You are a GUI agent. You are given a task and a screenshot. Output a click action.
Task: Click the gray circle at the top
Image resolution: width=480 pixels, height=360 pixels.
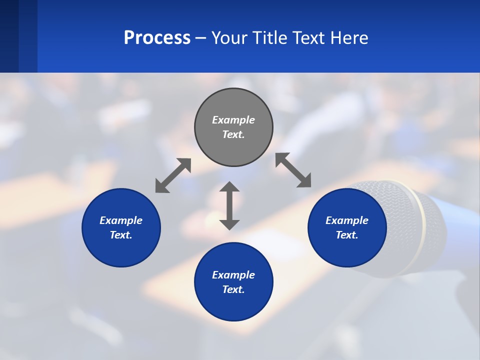tap(233, 127)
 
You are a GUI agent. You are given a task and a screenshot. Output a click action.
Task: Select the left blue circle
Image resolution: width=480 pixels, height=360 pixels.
tap(121, 227)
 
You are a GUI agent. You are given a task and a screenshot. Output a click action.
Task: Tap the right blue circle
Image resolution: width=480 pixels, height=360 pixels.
tap(347, 227)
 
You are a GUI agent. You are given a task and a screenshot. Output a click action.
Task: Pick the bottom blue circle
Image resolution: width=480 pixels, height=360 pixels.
tap(233, 282)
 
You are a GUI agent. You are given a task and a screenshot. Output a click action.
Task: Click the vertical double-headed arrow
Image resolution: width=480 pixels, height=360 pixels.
tap(229, 205)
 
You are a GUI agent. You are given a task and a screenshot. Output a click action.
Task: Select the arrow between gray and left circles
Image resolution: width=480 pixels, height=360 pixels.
tap(173, 175)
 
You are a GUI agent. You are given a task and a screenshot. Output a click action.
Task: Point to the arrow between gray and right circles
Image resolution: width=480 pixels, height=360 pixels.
tap(293, 170)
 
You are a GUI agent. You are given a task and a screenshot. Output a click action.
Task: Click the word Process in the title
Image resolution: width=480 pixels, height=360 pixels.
tap(157, 37)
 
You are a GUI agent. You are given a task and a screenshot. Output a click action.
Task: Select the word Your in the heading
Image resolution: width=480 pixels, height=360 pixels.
tap(230, 37)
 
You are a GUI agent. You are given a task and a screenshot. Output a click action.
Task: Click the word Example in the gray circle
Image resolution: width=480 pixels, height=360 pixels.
tap(233, 120)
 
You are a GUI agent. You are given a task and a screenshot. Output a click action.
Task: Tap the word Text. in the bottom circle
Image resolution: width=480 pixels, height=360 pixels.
tap(233, 289)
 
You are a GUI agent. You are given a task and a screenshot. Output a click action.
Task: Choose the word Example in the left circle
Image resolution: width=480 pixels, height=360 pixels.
tap(121, 220)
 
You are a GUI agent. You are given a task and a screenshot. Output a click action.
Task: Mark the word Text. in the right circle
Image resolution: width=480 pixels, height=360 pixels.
tap(347, 235)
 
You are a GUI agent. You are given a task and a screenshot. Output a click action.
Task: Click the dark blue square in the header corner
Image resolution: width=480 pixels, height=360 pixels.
tap(9, 36)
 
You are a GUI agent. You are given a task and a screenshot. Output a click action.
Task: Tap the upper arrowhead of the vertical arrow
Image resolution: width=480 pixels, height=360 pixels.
tap(229, 187)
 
